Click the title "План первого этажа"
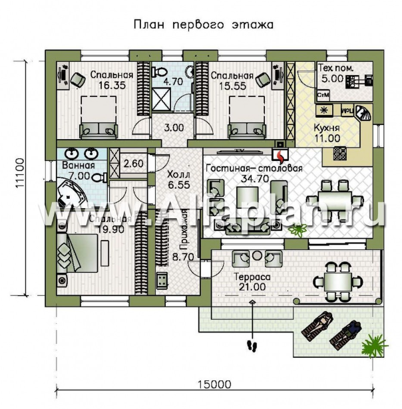(204, 25)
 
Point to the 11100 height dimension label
(19, 174)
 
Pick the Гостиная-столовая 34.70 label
(254, 173)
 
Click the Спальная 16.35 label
(110, 80)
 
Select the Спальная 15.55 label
(231, 80)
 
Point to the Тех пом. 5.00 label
(335, 74)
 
